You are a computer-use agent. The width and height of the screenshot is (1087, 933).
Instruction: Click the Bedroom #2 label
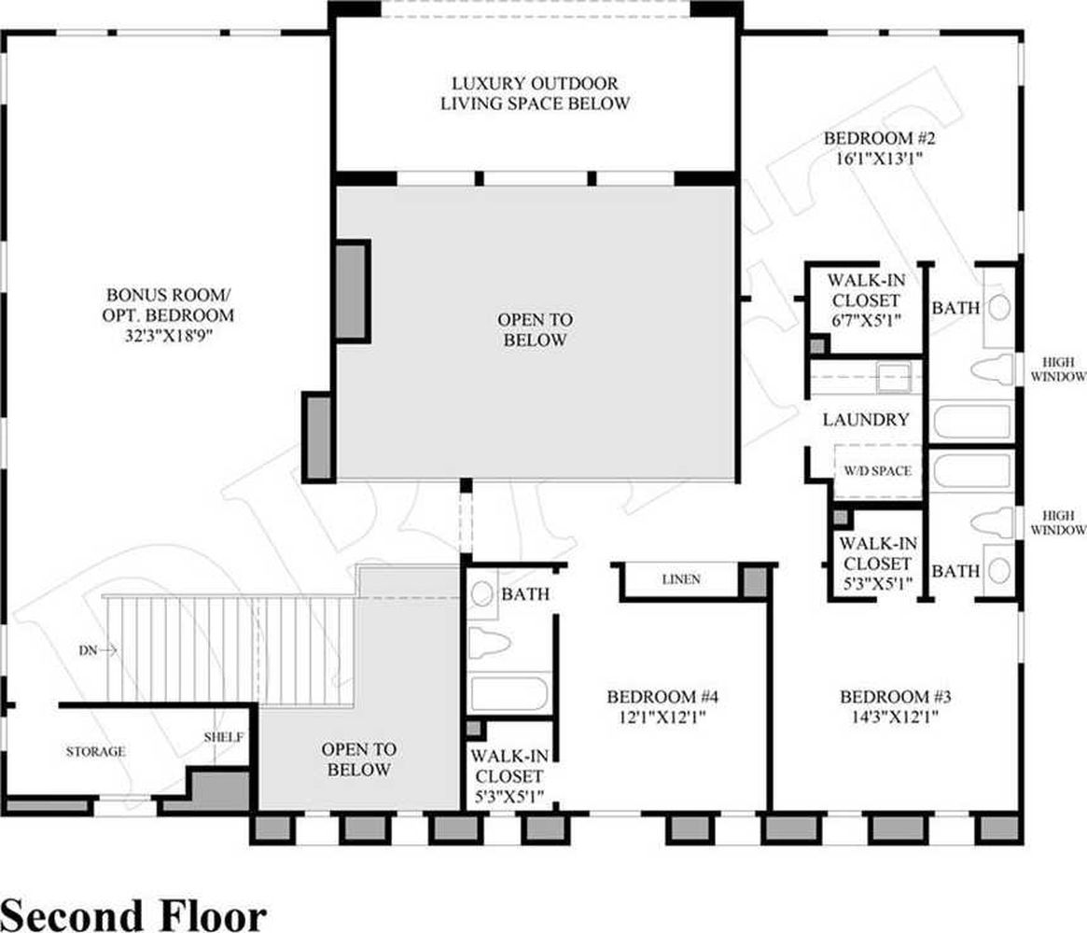pyautogui.click(x=879, y=138)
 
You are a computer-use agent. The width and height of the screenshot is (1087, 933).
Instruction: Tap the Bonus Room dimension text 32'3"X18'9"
pyautogui.click(x=167, y=336)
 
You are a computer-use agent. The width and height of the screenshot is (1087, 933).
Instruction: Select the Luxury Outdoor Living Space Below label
pyautogui.click(x=536, y=93)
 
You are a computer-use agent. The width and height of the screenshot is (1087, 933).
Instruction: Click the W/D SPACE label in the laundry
pyautogui.click(x=877, y=470)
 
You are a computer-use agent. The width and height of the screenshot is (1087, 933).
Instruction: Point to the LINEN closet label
pyautogui.click(x=681, y=579)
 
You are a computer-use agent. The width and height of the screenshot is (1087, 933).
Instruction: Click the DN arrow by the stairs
pyautogui.click(x=98, y=650)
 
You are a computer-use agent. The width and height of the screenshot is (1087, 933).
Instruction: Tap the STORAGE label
pyautogui.click(x=96, y=751)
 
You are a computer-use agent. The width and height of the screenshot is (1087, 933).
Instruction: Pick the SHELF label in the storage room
pyautogui.click(x=223, y=737)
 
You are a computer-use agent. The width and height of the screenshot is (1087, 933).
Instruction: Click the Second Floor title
pyautogui.click(x=133, y=915)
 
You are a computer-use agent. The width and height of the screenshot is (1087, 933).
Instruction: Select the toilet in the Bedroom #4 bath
pyautogui.click(x=490, y=643)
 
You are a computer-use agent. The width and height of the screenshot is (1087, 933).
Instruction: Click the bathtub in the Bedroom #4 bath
pyautogui.click(x=509, y=693)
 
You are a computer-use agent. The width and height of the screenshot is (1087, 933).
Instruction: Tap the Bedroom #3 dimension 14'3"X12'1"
pyautogui.click(x=895, y=716)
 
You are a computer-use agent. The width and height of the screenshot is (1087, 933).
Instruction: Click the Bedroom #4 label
pyautogui.click(x=662, y=697)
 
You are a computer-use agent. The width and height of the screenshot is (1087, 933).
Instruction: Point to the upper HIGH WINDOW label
pyautogui.click(x=1058, y=369)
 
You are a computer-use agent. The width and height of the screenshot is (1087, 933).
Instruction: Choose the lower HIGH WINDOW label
pyautogui.click(x=1058, y=522)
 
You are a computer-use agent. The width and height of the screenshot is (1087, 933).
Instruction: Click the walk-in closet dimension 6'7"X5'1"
pyautogui.click(x=866, y=321)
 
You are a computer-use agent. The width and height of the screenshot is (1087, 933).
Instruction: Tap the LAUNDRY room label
pyautogui.click(x=866, y=419)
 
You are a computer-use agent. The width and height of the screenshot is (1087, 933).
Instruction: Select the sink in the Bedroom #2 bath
pyautogui.click(x=999, y=307)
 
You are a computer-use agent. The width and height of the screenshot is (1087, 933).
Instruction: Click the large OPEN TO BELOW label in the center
pyautogui.click(x=536, y=330)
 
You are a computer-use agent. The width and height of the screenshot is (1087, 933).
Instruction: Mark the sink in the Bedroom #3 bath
pyautogui.click(x=999, y=570)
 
